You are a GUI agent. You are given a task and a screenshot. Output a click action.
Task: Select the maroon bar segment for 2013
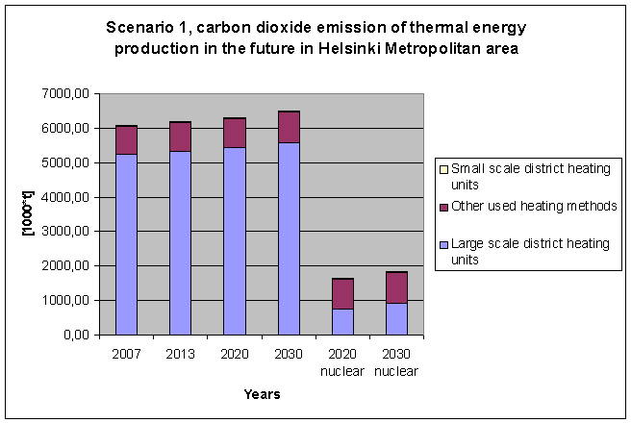pyautogui.click(x=180, y=137)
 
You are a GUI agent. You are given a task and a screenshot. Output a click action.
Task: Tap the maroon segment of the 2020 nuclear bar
pyautogui.click(x=343, y=294)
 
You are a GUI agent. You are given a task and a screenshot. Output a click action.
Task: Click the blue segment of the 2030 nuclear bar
pyautogui.click(x=396, y=319)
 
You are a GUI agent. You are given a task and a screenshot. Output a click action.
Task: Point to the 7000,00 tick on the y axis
pyautogui.click(x=66, y=94)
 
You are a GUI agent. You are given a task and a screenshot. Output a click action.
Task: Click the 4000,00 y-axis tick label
pyautogui.click(x=66, y=197)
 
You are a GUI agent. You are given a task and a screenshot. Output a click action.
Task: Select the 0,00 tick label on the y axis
pyautogui.click(x=75, y=335)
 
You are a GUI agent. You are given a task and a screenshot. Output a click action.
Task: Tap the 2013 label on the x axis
pyautogui.click(x=180, y=353)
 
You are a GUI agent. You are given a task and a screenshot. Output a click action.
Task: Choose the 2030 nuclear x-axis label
pyautogui.click(x=396, y=361)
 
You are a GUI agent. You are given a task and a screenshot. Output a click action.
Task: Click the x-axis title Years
pyautogui.click(x=262, y=393)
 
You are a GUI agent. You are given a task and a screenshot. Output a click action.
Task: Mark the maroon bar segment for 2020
pyautogui.click(x=235, y=133)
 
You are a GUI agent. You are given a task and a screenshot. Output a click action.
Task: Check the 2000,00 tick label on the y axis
pyautogui.click(x=66, y=266)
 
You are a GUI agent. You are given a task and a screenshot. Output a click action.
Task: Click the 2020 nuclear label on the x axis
pyautogui.click(x=343, y=361)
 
